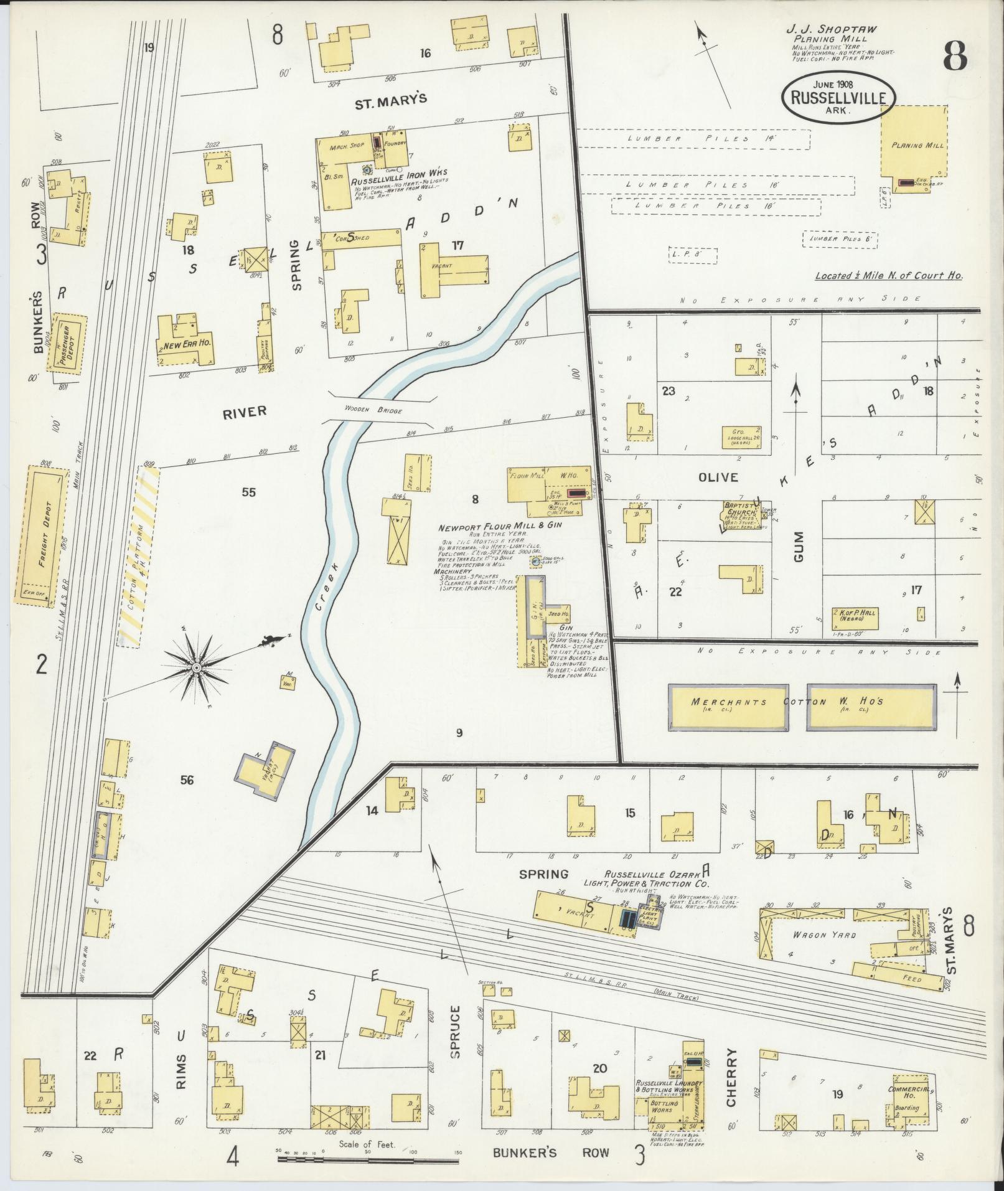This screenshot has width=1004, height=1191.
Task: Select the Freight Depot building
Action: (45, 535)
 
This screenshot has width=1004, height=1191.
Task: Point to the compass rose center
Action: (196, 668)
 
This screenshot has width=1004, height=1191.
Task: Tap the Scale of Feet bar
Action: (368, 1160)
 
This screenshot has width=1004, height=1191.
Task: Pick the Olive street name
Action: (718, 478)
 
